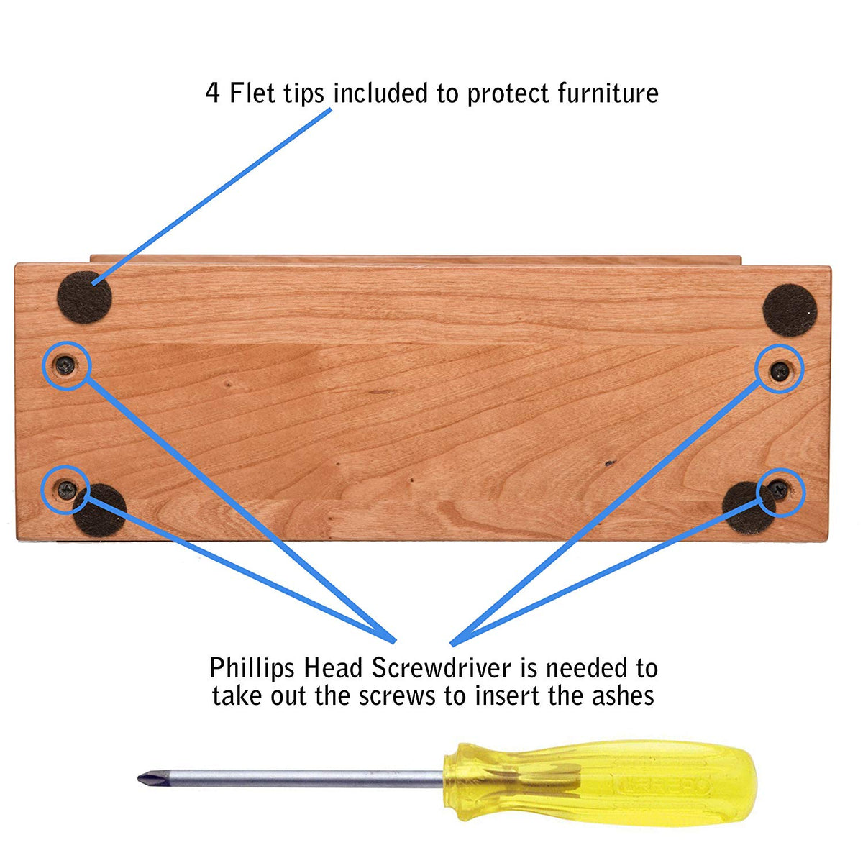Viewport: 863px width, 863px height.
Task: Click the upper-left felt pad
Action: [84, 297]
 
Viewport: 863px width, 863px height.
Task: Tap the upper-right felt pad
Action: [790, 311]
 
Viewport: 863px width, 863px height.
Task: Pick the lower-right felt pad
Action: [747, 508]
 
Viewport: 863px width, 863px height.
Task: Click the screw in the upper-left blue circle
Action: [65, 365]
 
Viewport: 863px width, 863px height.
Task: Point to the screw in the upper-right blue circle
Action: [780, 371]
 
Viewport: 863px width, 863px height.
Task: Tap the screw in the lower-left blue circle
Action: [67, 490]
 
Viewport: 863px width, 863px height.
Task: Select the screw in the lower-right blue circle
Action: [779, 490]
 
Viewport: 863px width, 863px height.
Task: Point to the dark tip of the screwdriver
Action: [149, 779]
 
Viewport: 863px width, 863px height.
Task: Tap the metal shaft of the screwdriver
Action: [301, 779]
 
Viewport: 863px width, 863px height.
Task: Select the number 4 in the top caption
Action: [213, 93]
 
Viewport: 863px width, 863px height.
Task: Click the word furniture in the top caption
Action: [608, 93]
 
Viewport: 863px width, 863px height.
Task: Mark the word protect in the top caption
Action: [508, 95]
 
